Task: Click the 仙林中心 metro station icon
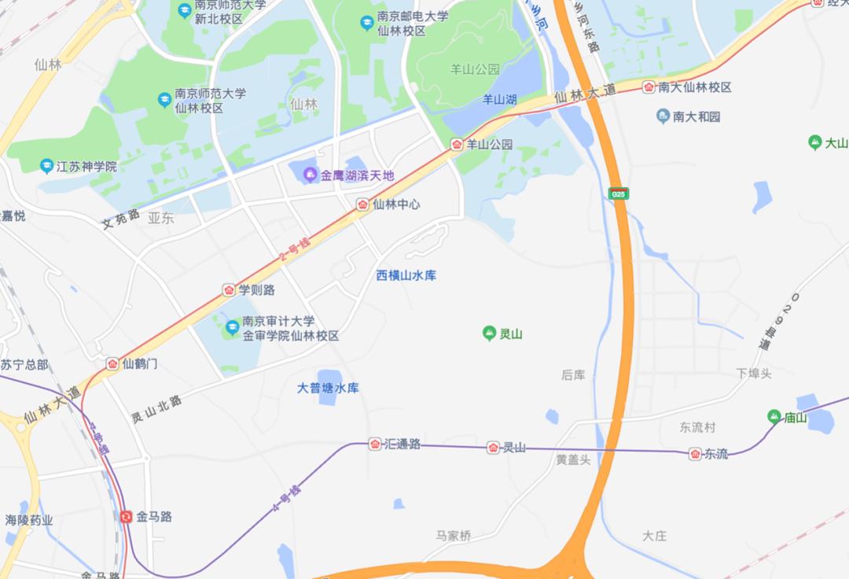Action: (362, 205)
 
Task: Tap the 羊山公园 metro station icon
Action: (457, 144)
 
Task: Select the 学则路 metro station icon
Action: (229, 290)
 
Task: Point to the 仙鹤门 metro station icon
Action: (112, 364)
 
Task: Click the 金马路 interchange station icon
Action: (126, 517)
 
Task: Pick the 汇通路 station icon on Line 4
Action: (375, 444)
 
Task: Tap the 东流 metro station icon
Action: (695, 454)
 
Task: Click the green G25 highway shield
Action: (619, 193)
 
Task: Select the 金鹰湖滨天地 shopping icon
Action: (311, 175)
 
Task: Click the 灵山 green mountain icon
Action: (489, 334)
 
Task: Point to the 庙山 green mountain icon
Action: (774, 417)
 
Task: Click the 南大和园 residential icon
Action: (663, 116)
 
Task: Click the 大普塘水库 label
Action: (328, 388)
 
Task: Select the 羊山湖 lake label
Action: (499, 99)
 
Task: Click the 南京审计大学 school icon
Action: (232, 327)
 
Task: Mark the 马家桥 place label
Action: (454, 536)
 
